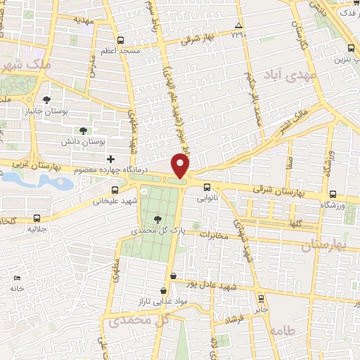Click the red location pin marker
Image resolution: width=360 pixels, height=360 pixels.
[181, 166]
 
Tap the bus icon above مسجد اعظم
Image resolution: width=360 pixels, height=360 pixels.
[120, 40]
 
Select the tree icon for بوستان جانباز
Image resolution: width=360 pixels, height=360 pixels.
[47, 100]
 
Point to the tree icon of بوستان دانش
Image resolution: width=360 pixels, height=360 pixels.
[83, 130]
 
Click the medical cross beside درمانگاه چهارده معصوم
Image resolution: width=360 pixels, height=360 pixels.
[110, 160]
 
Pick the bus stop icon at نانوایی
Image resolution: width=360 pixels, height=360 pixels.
[207, 187]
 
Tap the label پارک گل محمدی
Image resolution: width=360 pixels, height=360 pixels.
[161, 230]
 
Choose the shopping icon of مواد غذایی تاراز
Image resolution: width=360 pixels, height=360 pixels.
[164, 290]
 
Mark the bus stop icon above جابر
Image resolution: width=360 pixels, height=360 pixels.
[261, 297]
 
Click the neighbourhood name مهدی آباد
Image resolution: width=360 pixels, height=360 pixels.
[290, 75]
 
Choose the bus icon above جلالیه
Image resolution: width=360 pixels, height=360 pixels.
[37, 219]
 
